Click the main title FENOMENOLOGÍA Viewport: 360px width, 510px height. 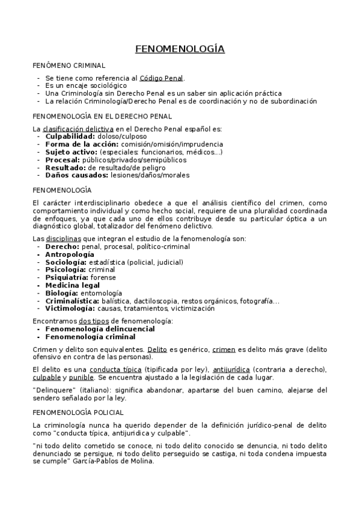(x=180, y=49)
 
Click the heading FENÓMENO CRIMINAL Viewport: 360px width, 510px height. (x=69, y=64)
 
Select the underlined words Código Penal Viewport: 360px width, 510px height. (x=162, y=78)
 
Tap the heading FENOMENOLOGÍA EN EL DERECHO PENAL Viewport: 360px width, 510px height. (x=102, y=115)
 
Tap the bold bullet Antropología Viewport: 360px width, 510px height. (x=70, y=254)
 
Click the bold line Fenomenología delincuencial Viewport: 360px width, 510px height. (x=100, y=329)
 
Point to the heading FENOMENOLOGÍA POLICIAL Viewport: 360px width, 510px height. (x=78, y=413)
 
